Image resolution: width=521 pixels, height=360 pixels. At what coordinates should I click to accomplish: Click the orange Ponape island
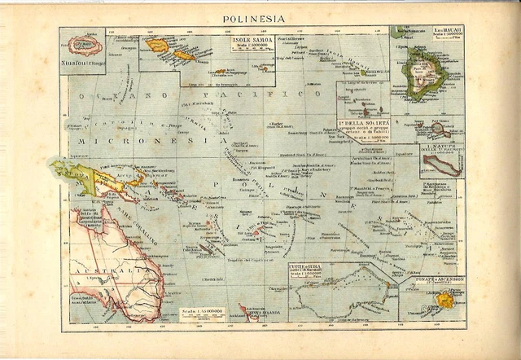(444, 300)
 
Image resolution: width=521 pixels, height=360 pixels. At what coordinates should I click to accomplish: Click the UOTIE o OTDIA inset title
(310, 269)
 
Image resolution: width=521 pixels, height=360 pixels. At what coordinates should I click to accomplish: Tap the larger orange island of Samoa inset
(158, 46)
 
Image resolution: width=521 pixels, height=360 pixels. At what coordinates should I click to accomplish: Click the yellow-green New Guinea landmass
(90, 179)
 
